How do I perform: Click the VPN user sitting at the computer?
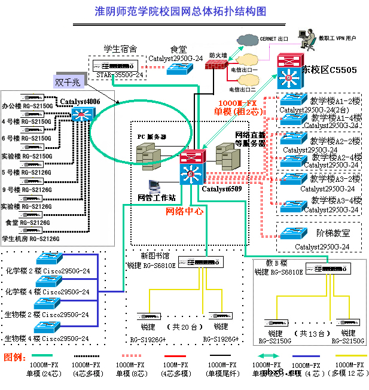307,40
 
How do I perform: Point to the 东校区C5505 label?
330,71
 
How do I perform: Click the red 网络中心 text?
184,211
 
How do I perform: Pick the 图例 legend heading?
14,357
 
